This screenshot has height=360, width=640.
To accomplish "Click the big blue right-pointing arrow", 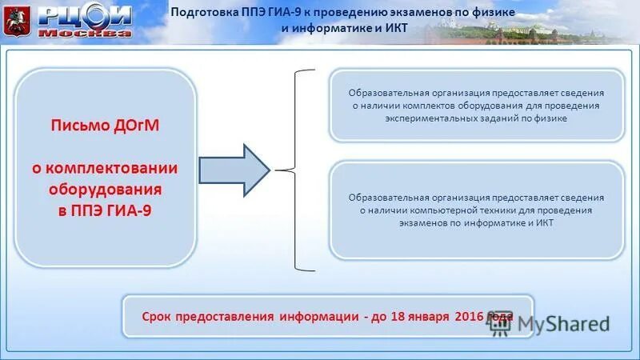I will (x=235, y=170).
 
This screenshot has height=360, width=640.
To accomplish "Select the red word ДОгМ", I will (x=130, y=126).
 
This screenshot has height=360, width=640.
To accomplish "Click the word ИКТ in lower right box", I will (x=545, y=223).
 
